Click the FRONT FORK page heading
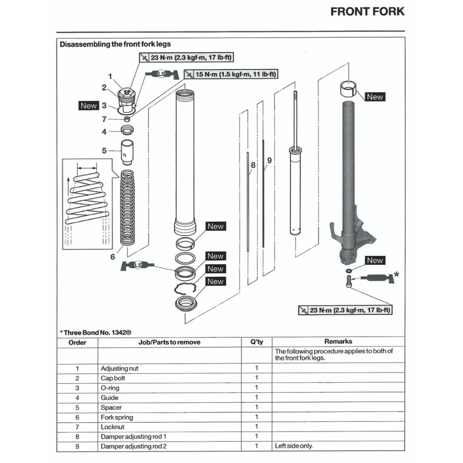[367, 12]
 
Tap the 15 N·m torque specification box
[231, 74]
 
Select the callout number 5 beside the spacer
[104, 151]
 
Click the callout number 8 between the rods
[253, 165]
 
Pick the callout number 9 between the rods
[269, 160]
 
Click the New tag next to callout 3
[89, 106]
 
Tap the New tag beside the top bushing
[374, 97]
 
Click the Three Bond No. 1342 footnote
[95, 332]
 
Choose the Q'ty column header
[256, 342]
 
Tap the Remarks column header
[338, 342]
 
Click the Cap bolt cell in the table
[110, 378]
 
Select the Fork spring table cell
[117, 417]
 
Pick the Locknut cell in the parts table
[112, 427]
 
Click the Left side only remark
[294, 446]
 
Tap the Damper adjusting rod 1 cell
[131, 437]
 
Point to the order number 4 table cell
[77, 398]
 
